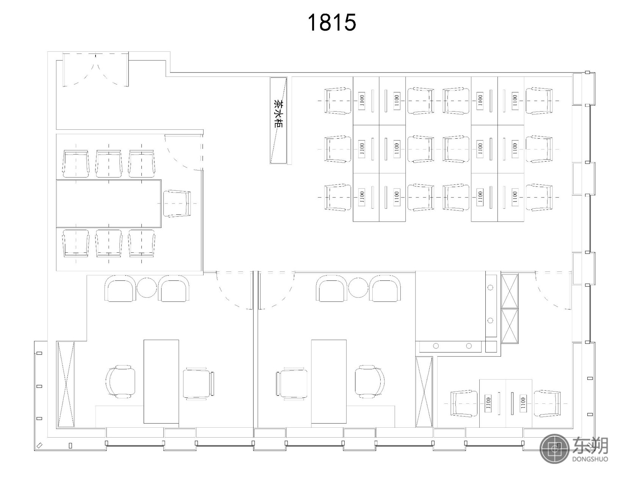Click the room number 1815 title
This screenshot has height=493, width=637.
click(332, 23)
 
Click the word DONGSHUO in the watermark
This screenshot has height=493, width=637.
click(590, 459)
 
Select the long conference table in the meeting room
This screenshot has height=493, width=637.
click(109, 204)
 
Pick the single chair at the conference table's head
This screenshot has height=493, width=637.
click(177, 203)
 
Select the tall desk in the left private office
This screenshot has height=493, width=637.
click(161, 381)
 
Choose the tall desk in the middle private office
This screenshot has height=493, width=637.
click(329, 381)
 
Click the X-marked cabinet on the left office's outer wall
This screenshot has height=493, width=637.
click(66, 384)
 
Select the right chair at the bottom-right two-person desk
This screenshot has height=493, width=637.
click(547, 403)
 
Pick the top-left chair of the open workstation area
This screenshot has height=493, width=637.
click(338, 101)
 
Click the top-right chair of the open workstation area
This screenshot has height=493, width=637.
click(539, 101)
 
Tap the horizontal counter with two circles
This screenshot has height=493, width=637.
click(451, 346)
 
